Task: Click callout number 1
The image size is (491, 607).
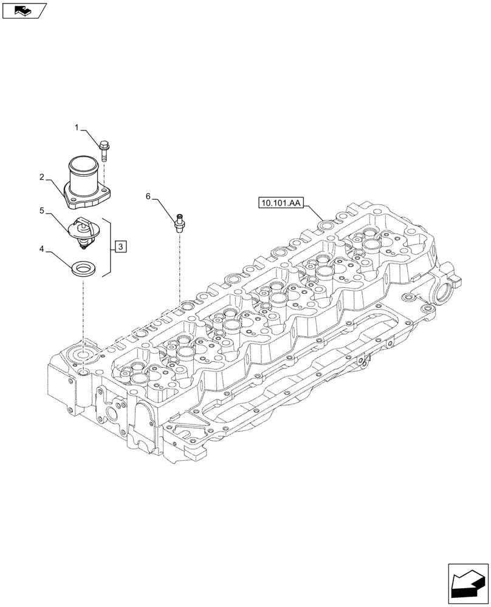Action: [x=77, y=127]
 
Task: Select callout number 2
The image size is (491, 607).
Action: [x=41, y=177]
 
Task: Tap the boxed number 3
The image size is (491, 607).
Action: [x=121, y=246]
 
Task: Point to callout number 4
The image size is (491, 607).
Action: [x=41, y=248]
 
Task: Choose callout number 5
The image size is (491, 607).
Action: [x=41, y=211]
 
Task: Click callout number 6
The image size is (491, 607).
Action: [x=148, y=196]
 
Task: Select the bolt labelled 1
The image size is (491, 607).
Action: [x=104, y=149]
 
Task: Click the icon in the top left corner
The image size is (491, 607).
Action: [x=24, y=10]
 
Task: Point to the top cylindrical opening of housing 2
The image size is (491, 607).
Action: [x=84, y=163]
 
